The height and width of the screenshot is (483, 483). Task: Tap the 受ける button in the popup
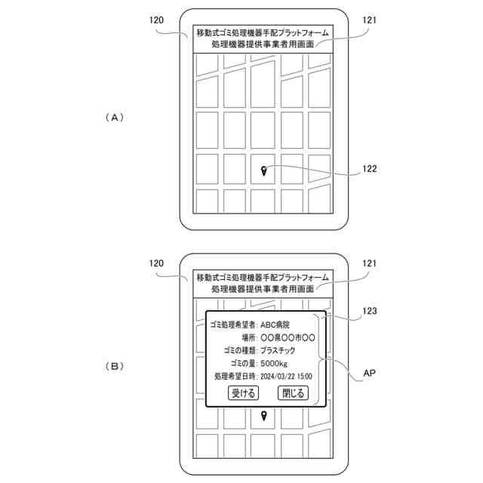(244, 392)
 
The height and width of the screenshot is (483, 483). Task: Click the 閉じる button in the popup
(293, 392)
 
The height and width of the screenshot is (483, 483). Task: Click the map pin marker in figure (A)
(263, 172)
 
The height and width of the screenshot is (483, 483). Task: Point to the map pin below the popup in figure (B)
(263, 416)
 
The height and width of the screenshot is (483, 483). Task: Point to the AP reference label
(369, 373)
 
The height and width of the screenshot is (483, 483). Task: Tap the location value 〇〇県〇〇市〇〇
(287, 337)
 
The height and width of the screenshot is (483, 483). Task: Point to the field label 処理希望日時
(235, 376)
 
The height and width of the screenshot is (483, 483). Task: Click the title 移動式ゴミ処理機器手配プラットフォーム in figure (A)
(263, 32)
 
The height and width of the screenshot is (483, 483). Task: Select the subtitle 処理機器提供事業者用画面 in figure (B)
(263, 289)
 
